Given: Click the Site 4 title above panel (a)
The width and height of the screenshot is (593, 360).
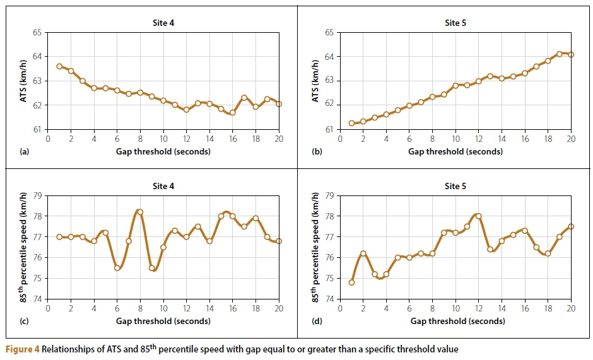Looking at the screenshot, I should click(163, 23).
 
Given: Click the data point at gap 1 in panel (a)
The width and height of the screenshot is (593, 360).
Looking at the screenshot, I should click(59, 66).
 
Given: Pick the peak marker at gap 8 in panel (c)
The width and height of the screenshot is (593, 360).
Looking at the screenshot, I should click(140, 212).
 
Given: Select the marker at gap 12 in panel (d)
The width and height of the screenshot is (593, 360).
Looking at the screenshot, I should click(478, 216).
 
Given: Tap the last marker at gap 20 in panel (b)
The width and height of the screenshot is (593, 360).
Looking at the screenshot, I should click(571, 54).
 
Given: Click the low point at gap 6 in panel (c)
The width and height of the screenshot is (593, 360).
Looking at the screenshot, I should click(117, 268).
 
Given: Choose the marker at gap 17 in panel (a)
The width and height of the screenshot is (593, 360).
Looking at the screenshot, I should click(244, 98).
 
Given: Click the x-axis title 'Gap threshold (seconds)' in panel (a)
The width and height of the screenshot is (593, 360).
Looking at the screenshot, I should click(163, 151).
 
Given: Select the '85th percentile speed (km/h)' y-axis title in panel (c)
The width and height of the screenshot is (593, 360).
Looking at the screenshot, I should click(20, 247).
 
